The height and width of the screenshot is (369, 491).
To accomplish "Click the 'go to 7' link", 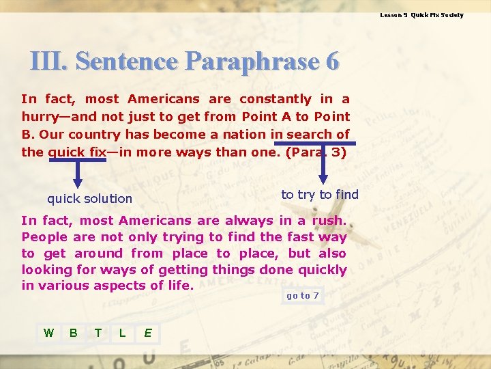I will click(302, 296).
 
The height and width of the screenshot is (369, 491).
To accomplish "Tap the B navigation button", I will click(73, 333).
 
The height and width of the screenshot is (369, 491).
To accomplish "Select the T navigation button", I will click(98, 333).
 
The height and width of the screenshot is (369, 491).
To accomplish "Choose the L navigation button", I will click(122, 333).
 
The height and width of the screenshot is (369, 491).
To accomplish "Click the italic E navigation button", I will click(147, 333).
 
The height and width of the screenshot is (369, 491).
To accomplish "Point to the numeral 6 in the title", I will click(332, 61).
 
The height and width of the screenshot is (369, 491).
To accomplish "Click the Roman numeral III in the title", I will click(49, 61).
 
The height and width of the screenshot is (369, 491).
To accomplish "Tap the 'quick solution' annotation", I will click(89, 199).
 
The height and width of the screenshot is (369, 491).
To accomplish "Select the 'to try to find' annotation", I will click(320, 195).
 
